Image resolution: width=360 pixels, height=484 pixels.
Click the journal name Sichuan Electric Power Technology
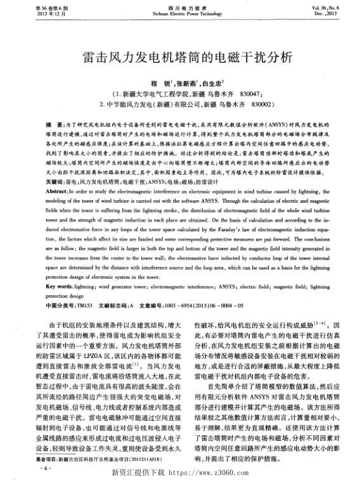tap(180, 13)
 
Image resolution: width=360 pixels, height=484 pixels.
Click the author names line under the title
tap(179, 82)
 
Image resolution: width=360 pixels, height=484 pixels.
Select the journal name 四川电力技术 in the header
tap(180, 6)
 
